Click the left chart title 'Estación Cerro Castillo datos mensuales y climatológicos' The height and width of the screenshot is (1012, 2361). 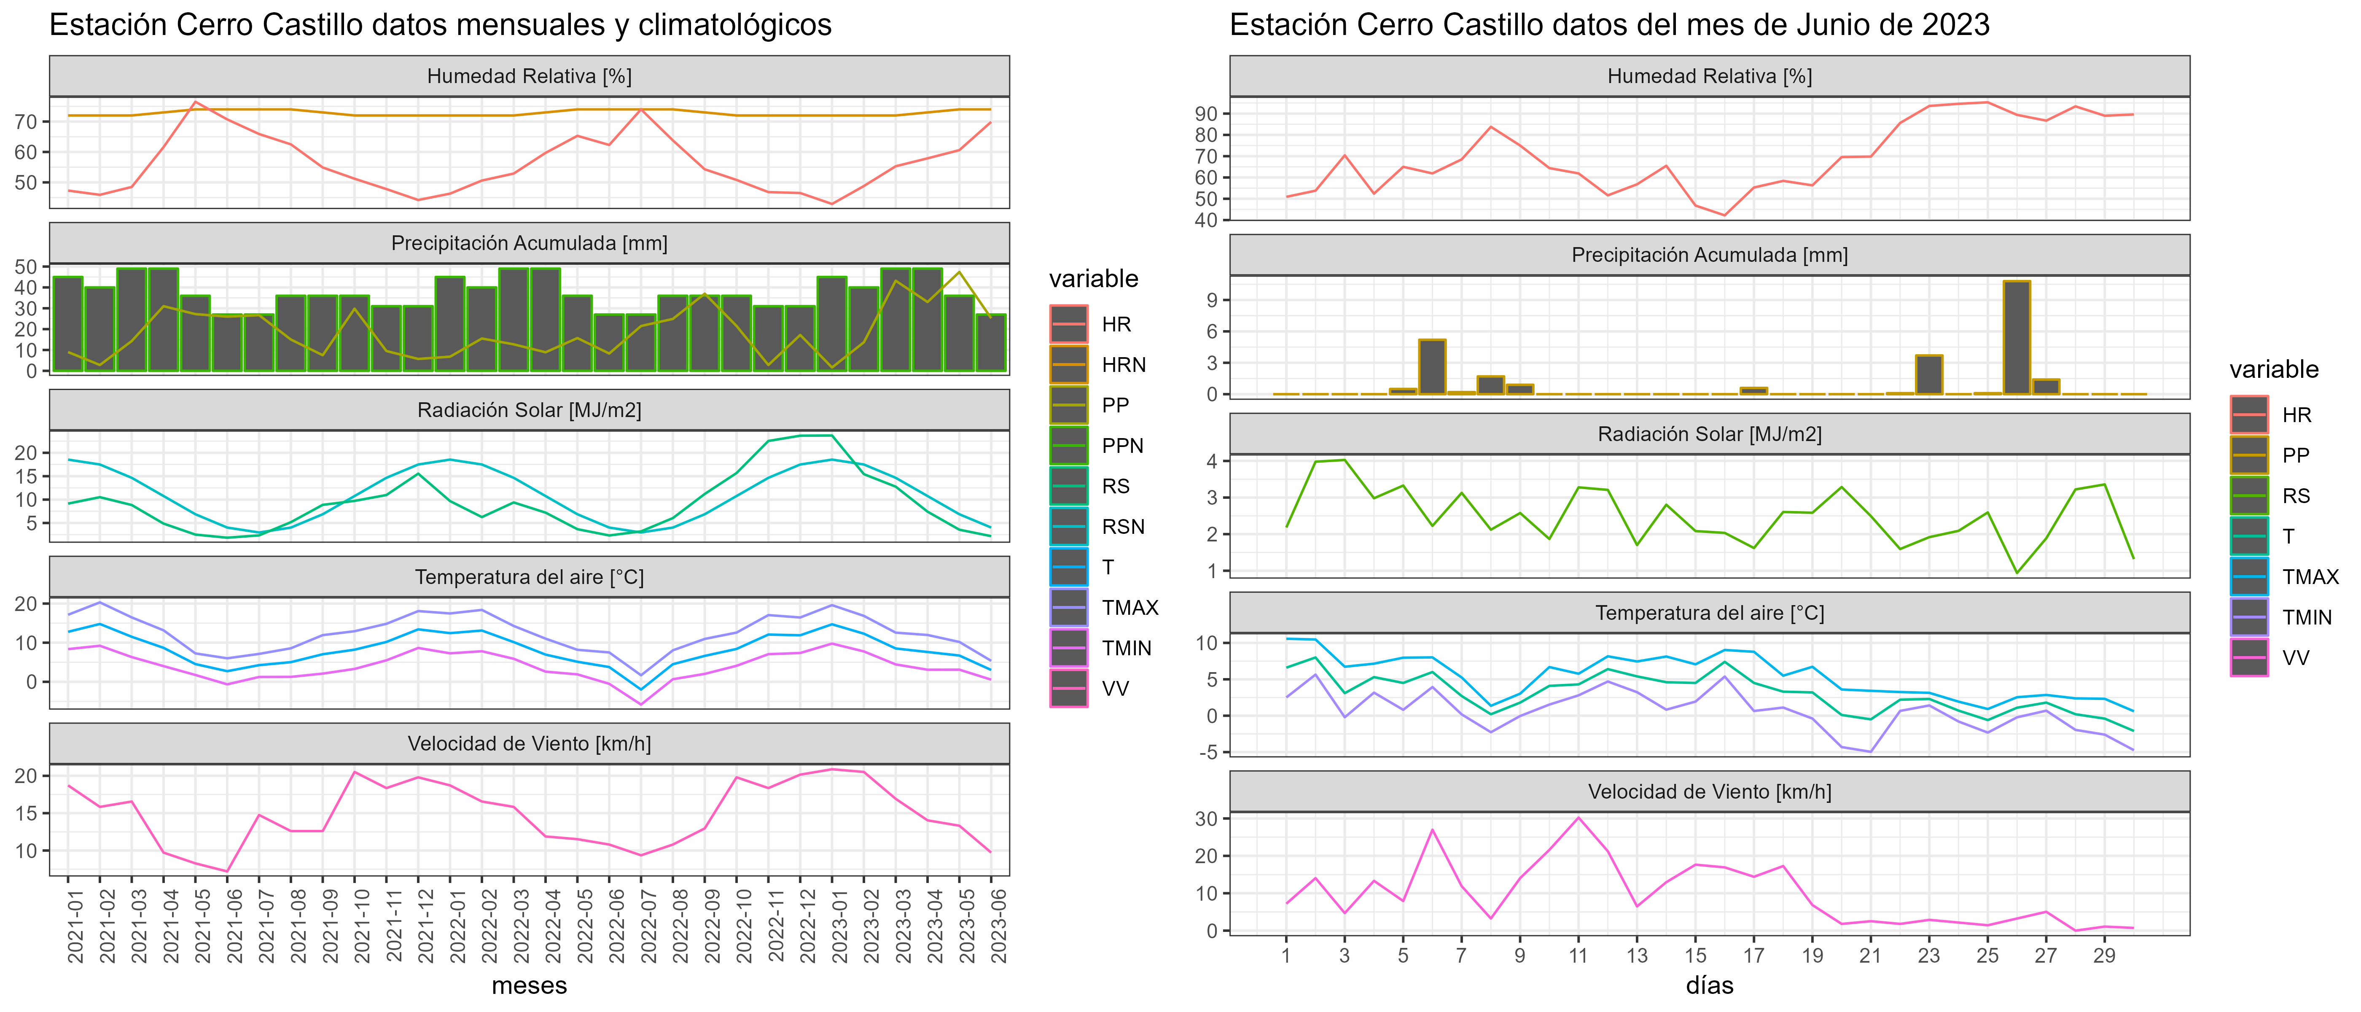click(440, 25)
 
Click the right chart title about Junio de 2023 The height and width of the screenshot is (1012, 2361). click(1609, 25)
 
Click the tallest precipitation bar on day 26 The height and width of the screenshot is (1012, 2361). click(2017, 337)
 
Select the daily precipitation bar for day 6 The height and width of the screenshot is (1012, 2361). click(1433, 367)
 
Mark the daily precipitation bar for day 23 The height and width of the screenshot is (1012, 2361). click(1929, 375)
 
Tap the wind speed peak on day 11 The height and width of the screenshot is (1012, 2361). click(1578, 818)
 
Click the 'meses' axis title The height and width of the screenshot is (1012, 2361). click(530, 986)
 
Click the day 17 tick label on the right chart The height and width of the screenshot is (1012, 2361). click(1753, 955)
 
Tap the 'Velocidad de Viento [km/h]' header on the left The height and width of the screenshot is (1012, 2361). click(530, 743)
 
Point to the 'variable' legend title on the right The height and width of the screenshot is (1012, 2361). click(2274, 369)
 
